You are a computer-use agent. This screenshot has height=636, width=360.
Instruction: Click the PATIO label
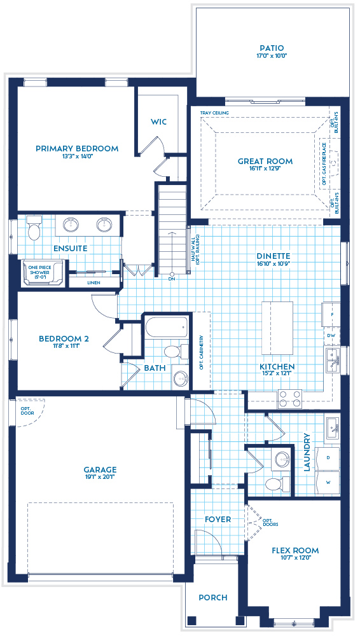click(x=272, y=48)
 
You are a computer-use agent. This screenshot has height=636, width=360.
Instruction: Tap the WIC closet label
click(x=158, y=121)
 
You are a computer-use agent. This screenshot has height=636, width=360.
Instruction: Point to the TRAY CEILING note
click(x=214, y=113)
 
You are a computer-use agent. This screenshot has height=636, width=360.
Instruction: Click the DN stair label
click(x=172, y=279)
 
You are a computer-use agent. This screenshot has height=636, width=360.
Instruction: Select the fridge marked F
click(x=331, y=314)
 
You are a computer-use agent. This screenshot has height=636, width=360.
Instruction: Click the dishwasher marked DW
click(x=331, y=335)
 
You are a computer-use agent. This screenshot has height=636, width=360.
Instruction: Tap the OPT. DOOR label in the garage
click(x=26, y=411)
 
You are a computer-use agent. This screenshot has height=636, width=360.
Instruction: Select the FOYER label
click(x=218, y=519)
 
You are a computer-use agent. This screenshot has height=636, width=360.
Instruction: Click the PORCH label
click(x=212, y=597)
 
